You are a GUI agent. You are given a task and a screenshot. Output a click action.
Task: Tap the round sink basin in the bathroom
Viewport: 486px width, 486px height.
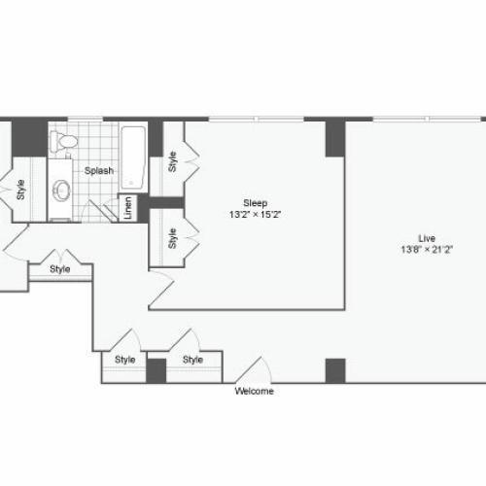[x=61, y=191]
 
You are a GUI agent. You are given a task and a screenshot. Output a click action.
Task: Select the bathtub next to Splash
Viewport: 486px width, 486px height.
[x=133, y=157]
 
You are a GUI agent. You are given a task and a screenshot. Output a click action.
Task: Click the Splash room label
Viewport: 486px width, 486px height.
[x=99, y=171]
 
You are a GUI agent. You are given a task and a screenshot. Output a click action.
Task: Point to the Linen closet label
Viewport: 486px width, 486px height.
[x=128, y=208]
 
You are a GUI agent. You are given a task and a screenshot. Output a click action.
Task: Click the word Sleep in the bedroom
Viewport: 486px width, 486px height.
[x=256, y=203]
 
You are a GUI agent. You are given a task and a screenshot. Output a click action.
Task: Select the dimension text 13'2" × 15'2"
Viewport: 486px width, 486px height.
[x=255, y=215]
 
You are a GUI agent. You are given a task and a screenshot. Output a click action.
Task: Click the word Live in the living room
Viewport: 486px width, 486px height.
[x=427, y=238]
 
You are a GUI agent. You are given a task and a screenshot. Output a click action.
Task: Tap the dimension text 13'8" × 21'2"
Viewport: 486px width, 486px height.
[x=427, y=250]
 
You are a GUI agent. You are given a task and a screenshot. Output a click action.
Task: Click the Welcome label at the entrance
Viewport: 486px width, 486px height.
[x=255, y=391]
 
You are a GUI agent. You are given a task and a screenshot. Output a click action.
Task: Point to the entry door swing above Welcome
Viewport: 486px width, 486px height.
[x=254, y=369]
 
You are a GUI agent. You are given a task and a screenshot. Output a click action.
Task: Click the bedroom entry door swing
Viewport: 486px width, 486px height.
[x=161, y=289]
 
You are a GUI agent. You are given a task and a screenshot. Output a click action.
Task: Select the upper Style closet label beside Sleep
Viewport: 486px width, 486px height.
[x=172, y=161]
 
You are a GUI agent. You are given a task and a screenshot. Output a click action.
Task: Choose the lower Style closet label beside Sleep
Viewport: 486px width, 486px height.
[x=172, y=238]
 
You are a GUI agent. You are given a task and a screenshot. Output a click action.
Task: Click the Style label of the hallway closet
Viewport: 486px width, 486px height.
[x=60, y=269]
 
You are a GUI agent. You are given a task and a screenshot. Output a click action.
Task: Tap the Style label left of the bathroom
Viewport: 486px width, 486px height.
[x=20, y=190]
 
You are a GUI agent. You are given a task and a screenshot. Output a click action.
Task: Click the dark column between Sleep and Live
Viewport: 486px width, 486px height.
[x=335, y=139]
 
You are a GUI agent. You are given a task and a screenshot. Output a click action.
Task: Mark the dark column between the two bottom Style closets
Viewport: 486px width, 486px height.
[x=156, y=370]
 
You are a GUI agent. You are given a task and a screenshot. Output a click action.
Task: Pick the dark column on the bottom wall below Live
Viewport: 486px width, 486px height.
[x=335, y=370]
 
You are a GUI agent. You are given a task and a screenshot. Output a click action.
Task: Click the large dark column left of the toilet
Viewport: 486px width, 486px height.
[x=29, y=139]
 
